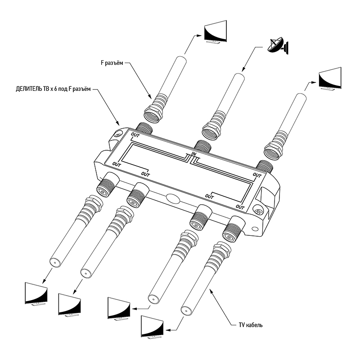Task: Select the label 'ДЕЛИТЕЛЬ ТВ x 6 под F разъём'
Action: point(50,90)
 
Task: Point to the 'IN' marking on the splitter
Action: point(194,154)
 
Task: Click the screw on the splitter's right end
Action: point(259,210)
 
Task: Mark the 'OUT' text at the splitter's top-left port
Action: point(135,135)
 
